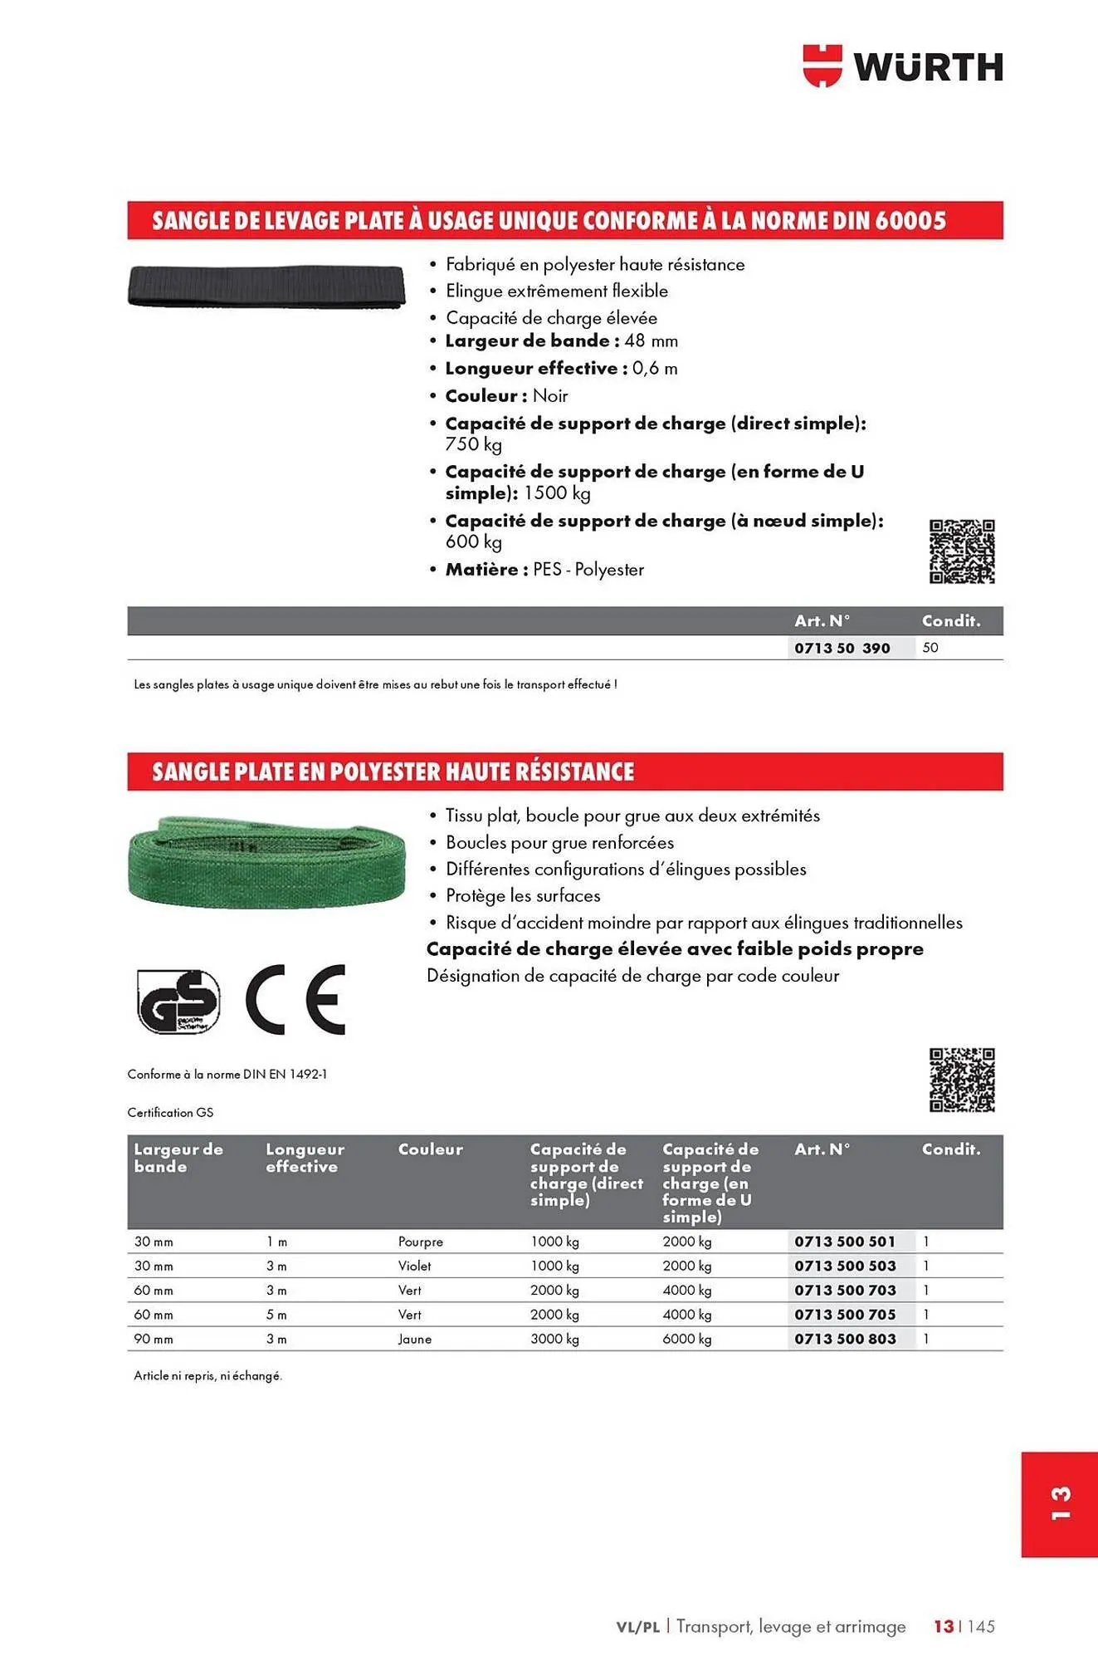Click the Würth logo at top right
pos(903,66)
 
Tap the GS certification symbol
pos(178,1001)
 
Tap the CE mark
pos(295,999)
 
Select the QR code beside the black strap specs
pos(961,551)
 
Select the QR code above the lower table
pos(961,1080)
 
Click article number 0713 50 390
pos(842,648)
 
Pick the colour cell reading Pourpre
pos(420,1242)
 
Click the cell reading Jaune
pos(414,1339)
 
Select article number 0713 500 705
pos(845,1315)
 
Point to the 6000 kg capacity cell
pos(686,1339)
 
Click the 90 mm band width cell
pos(154,1339)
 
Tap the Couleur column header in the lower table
pos(430,1149)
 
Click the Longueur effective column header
pos(305,1158)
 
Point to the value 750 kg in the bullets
pos(473,444)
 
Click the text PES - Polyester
pos(588,570)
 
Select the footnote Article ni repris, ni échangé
pos(207,1376)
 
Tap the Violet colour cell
pos(414,1266)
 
